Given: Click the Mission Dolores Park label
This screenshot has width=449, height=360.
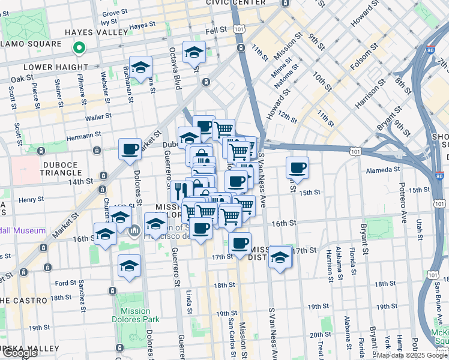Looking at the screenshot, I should point(135,315).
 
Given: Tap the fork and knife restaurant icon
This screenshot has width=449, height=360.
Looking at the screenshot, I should point(178,191).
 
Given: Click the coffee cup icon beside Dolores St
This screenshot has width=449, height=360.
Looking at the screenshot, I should point(130,149).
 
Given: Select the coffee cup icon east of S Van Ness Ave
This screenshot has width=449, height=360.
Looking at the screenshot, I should point(297,167).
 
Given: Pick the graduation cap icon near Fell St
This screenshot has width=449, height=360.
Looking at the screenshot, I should point(194,52).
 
